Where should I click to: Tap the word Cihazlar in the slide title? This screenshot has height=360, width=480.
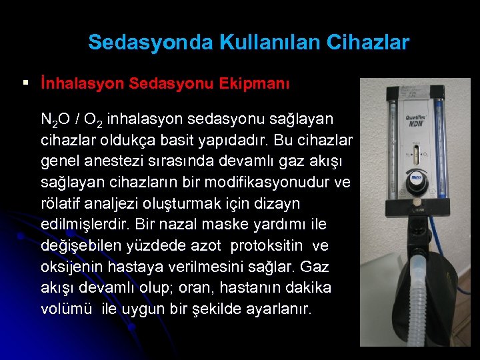coord(368,43)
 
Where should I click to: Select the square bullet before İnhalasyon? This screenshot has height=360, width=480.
coord(25,83)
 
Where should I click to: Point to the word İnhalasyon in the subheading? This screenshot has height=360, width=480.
coord(82,85)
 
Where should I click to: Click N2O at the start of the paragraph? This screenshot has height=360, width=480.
coord(55,120)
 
